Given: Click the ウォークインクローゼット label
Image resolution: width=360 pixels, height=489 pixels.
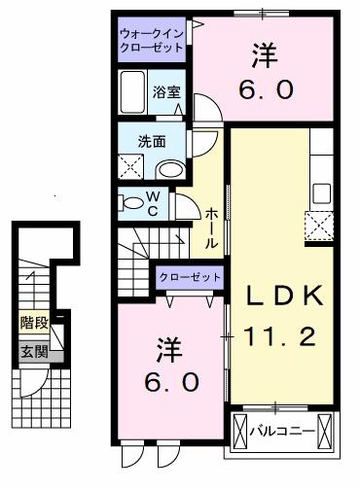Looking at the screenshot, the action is coord(152,41).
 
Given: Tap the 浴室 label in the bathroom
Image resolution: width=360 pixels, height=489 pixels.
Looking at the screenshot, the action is coord(166,92).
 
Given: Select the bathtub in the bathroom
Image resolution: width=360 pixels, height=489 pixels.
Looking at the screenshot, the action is coord(132,91).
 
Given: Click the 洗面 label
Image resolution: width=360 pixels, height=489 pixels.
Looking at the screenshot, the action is coord(152,142).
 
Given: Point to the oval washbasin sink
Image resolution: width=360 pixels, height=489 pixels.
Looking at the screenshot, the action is coord(171,170).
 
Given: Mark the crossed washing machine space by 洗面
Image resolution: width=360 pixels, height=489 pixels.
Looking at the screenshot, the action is coord(130,167).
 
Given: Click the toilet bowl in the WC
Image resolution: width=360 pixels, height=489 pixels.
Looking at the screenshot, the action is coord(131,203).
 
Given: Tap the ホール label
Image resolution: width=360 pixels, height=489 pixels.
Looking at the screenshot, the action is coord(211,228).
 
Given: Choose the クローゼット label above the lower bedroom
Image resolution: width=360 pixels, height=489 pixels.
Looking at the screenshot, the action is coord(190,277).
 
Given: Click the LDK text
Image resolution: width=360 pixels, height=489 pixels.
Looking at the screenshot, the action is coord(284,296).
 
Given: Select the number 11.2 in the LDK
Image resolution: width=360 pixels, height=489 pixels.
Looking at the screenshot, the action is coord(279,336).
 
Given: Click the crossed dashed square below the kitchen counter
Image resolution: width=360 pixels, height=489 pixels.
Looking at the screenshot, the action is coord(319,226).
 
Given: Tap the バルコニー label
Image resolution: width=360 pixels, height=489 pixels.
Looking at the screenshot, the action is coord(282,432).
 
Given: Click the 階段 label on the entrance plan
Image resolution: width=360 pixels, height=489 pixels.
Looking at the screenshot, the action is coord(34,323).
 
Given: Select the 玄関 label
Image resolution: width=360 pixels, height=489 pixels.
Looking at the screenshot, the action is coord(34,352).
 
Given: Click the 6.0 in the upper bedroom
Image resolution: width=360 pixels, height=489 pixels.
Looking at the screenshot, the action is coord(266,89).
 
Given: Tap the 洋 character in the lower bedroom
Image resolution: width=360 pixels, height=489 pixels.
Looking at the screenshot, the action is coord(169,350).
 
